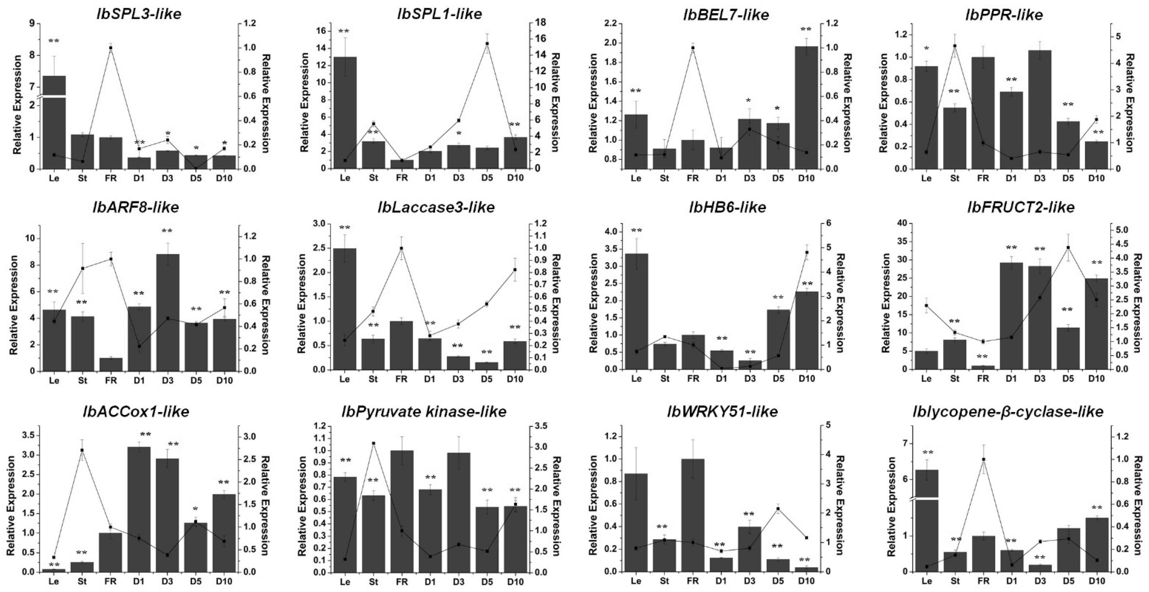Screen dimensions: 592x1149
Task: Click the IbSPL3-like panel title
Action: tap(139, 14)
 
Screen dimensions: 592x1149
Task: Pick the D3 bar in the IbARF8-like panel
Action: tap(167, 312)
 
